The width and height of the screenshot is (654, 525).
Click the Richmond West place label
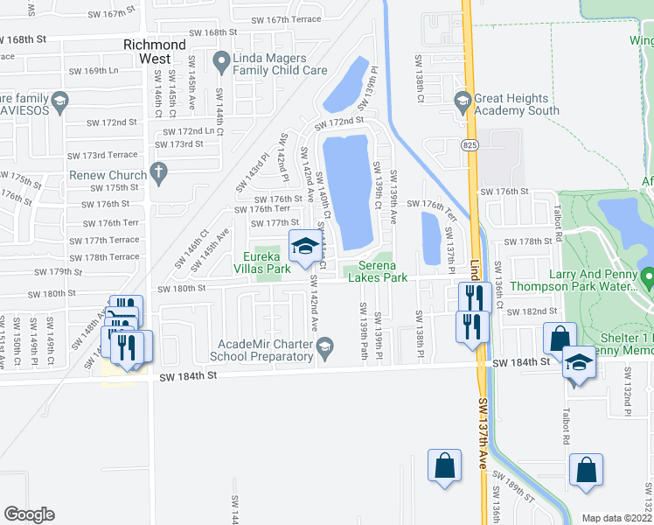[x=154, y=51]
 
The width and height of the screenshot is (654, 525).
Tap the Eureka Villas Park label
[x=266, y=263]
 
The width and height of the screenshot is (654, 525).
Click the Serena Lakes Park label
[x=378, y=271]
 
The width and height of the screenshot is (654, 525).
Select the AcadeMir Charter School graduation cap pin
[x=324, y=350]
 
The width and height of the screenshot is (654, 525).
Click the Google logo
[x=29, y=514]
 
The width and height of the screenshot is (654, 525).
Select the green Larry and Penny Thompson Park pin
[x=647, y=277]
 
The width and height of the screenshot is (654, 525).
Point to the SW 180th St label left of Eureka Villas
[x=182, y=288]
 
